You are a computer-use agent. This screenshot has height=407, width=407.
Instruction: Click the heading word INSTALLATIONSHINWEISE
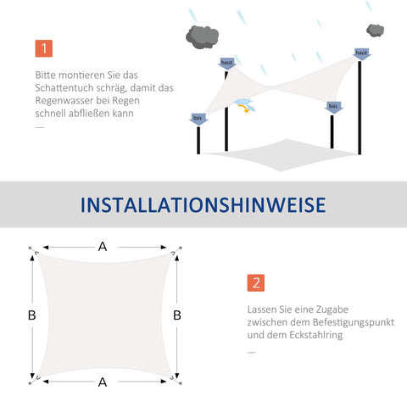click(x=203, y=205)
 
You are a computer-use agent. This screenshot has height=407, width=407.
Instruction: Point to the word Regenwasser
click(x=71, y=100)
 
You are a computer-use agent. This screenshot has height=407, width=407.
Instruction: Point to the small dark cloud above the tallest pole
click(x=375, y=31)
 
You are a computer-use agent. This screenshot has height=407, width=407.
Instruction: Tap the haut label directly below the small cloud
click(x=362, y=53)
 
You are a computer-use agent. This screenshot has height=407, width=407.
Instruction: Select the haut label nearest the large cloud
click(x=226, y=62)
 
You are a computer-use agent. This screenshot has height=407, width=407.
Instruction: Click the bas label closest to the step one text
click(x=198, y=118)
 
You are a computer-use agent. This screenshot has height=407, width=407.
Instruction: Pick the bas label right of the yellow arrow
click(x=334, y=107)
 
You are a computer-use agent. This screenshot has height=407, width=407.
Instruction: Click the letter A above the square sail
click(x=103, y=247)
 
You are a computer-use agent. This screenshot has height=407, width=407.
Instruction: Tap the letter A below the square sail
click(x=103, y=382)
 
